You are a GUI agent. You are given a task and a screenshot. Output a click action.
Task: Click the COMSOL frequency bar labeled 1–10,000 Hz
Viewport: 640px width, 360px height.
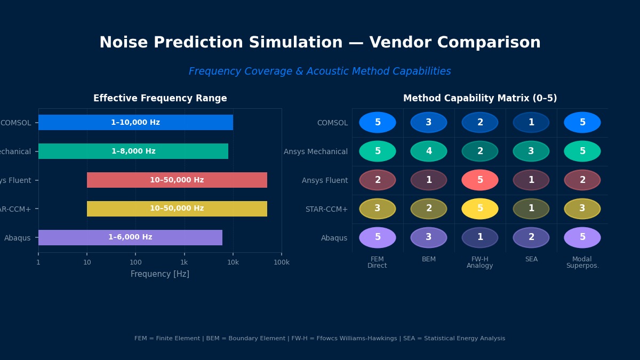(135, 123)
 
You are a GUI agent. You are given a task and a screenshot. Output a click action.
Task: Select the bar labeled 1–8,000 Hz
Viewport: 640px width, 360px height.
(133, 151)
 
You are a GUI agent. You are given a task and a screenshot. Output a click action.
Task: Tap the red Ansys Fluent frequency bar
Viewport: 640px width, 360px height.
(177, 180)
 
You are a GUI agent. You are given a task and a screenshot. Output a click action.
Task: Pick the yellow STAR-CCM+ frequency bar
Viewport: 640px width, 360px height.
(177, 209)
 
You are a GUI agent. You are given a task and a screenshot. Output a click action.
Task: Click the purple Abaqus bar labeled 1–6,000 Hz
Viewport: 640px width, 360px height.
(130, 238)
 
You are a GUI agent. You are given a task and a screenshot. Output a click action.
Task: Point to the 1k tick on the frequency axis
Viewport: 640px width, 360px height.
(184, 262)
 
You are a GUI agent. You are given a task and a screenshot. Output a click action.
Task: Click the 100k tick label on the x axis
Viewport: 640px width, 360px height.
(282, 262)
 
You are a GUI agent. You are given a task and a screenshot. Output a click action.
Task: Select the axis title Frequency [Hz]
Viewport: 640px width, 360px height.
(160, 274)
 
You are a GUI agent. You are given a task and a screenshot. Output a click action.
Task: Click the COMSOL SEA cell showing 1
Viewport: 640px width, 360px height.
(531, 123)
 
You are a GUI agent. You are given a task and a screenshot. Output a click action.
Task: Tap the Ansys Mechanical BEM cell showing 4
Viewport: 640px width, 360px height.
(429, 151)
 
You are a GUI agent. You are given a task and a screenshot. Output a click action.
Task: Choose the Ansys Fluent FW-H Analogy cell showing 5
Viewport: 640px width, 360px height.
(480, 180)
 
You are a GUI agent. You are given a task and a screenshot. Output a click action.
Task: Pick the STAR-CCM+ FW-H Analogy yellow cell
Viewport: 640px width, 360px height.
(480, 209)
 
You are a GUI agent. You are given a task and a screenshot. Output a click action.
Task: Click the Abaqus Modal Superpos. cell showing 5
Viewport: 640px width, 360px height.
(582, 238)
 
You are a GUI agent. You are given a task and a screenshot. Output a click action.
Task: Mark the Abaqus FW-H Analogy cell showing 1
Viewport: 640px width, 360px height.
(480, 238)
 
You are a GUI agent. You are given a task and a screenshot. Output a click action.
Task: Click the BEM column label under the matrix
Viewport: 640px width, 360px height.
(429, 260)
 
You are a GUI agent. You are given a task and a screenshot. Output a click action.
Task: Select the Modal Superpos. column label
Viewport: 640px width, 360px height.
(582, 262)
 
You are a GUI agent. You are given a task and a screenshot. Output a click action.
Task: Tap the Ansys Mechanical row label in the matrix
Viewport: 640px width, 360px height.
(316, 151)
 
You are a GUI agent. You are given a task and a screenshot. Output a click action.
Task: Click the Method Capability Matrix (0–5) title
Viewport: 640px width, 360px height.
(480, 99)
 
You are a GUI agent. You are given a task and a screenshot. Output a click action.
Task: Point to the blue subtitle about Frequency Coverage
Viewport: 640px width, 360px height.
(320, 71)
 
